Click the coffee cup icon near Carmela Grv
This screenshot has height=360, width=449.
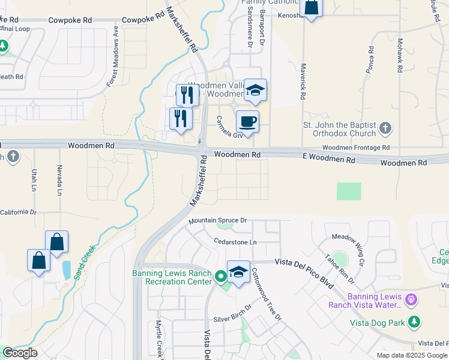[x=247, y=122]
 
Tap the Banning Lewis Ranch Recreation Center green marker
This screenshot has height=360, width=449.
[x=220, y=277]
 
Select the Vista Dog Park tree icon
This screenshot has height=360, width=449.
[x=414, y=322]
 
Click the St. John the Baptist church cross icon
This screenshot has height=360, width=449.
[x=385, y=128]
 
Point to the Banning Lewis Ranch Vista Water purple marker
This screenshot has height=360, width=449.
[x=411, y=298]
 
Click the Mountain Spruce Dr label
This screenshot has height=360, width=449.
[x=217, y=221]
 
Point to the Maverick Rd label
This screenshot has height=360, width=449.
[x=303, y=81]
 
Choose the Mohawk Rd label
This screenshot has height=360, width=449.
[x=399, y=56]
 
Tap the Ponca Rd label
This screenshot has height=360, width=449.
[x=370, y=59]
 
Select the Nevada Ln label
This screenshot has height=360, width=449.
[x=60, y=179]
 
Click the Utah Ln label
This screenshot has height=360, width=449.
[x=34, y=179]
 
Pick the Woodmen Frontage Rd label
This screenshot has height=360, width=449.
[x=356, y=148]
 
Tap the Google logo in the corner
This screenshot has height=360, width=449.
[x=19, y=353]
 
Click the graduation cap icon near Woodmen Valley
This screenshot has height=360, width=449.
[x=255, y=91]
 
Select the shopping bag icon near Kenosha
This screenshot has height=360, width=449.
[x=311, y=8]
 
